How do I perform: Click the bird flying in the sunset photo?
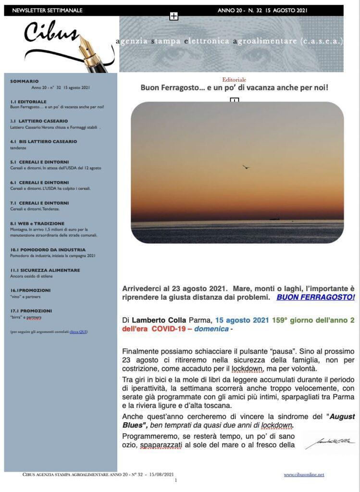(x=246, y=167)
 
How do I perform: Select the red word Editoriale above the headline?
(x=234, y=80)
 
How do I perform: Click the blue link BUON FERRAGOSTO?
(x=315, y=297)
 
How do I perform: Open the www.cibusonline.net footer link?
(x=304, y=475)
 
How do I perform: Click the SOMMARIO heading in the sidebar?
(x=24, y=82)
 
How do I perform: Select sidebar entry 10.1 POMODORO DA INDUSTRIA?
(x=48, y=250)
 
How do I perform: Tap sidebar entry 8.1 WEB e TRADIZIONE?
(x=37, y=224)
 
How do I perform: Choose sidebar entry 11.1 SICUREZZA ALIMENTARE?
(x=45, y=270)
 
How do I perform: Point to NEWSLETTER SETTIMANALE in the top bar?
(x=47, y=10)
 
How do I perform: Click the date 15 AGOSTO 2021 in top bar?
(x=284, y=10)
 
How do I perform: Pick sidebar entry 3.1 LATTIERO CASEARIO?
(x=39, y=121)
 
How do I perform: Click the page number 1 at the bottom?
(x=176, y=480)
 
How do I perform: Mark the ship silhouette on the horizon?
(x=274, y=218)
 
